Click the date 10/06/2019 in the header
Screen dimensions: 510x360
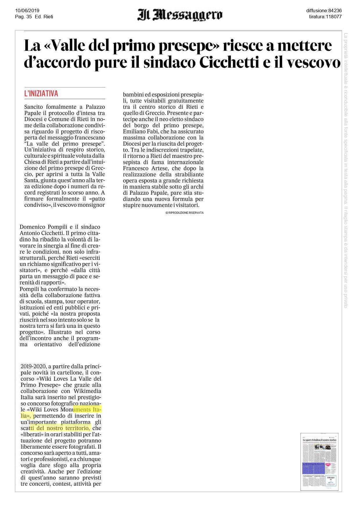pyautogui.click(x=27, y=11)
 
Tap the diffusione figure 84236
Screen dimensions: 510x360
pyautogui.click(x=335, y=11)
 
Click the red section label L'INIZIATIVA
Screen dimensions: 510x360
pyautogui.click(x=41, y=94)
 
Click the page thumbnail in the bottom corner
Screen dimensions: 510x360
pyautogui.click(x=319, y=462)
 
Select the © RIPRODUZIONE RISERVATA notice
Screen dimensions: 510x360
pyautogui.click(x=184, y=213)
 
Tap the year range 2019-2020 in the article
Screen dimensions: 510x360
pyautogui.click(x=33, y=366)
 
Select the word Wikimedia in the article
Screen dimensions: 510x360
pyautogui.click(x=87, y=391)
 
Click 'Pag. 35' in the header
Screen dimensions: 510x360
pyautogui.click(x=23, y=17)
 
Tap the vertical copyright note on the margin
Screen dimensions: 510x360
pyautogui.click(x=345, y=170)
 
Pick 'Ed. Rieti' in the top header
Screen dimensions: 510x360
pyautogui.click(x=44, y=17)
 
